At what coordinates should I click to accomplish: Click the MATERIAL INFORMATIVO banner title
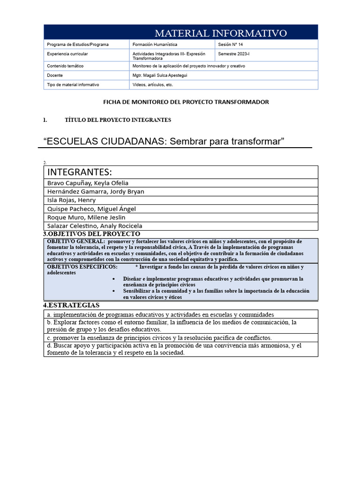[220, 33]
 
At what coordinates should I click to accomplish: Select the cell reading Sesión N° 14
[231, 45]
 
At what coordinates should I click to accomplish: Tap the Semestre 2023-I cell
[234, 54]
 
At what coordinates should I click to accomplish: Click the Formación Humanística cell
[155, 45]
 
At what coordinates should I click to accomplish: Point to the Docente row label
[55, 75]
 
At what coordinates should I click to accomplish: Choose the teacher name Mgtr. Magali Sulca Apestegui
[160, 75]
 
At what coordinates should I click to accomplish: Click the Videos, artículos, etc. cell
[153, 85]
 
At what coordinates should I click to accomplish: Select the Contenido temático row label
[65, 66]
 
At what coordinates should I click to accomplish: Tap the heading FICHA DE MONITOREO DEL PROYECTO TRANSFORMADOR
[186, 102]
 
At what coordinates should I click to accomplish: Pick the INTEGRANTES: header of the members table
[80, 172]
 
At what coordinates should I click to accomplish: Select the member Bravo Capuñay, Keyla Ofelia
[88, 183]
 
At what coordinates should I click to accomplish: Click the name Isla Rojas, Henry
[71, 200]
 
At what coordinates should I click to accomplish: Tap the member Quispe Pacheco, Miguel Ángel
[91, 209]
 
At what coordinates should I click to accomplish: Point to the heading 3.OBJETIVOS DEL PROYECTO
[92, 234]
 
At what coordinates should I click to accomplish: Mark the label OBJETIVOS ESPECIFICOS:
[82, 267]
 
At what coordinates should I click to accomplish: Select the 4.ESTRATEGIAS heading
[71, 305]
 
